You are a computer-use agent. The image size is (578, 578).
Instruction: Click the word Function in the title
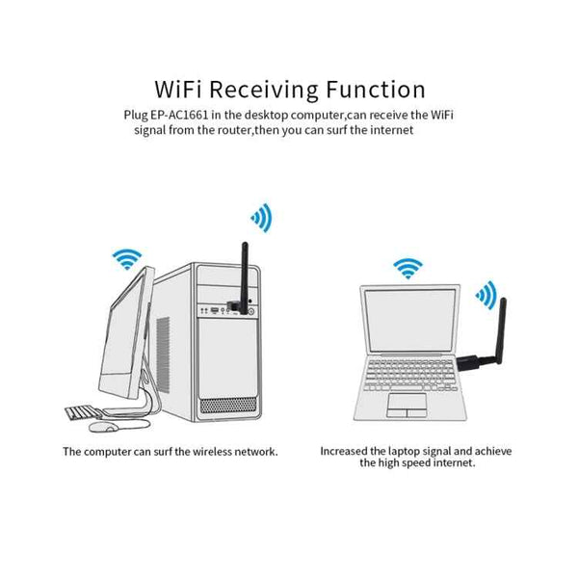(368, 91)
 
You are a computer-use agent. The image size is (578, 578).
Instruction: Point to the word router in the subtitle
(245, 129)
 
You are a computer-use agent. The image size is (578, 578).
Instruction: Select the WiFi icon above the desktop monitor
(125, 257)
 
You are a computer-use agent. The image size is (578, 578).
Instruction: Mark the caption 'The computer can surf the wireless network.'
(171, 451)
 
